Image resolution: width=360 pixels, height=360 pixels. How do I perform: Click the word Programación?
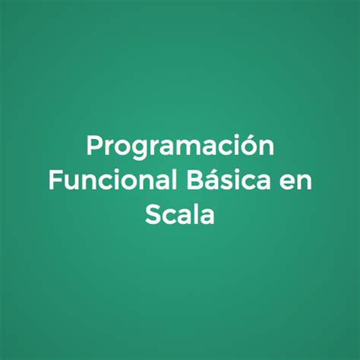tap(180, 146)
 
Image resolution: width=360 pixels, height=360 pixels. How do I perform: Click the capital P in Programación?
tap(94, 145)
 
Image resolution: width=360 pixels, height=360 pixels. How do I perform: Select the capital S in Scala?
tap(153, 213)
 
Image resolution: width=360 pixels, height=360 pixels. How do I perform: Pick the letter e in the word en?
tap(285, 182)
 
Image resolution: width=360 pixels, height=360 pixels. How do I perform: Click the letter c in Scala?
tap(169, 216)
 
